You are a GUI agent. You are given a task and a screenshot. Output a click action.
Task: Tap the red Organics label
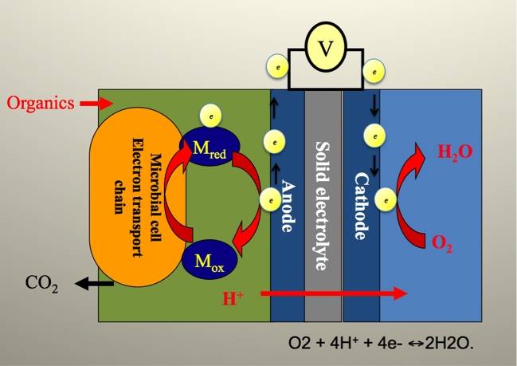click(x=41, y=103)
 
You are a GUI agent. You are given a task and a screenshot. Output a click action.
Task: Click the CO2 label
click(x=41, y=283)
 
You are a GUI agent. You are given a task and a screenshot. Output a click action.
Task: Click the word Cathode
click(x=361, y=207)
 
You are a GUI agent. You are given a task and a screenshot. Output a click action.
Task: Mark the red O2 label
click(x=442, y=244)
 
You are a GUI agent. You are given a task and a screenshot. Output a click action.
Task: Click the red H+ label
click(x=233, y=299)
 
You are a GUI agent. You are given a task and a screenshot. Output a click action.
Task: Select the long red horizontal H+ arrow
click(x=335, y=294)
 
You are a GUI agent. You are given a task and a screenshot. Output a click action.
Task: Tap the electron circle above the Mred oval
click(x=210, y=115)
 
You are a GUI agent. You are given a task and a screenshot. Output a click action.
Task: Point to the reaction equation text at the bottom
click(x=380, y=345)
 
